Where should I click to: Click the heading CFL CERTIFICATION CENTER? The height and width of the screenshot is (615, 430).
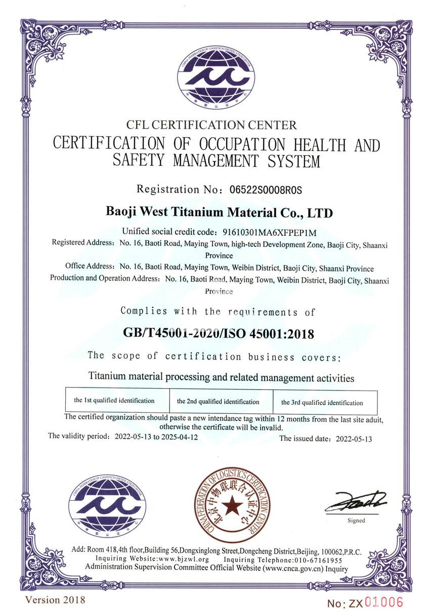(212, 124)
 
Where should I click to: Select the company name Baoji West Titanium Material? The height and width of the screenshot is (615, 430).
(218, 212)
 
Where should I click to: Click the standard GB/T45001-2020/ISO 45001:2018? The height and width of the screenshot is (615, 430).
(219, 334)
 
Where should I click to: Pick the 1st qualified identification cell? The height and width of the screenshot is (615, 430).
(114, 401)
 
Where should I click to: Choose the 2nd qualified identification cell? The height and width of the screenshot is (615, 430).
(218, 402)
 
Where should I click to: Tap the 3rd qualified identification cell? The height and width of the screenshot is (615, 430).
(322, 403)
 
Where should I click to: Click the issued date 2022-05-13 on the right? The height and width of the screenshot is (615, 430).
(354, 439)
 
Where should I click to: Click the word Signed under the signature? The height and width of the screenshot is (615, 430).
(356, 520)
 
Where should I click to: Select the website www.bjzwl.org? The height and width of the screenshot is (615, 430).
(184, 560)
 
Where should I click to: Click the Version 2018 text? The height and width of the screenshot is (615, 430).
(56, 600)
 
